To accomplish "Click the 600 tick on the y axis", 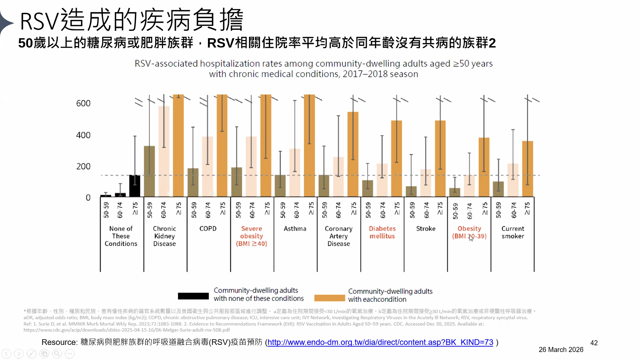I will pyautogui.click(x=83, y=103).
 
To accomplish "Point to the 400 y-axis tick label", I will pyautogui.click(x=83, y=135).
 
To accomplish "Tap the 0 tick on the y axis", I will pyautogui.click(x=88, y=198).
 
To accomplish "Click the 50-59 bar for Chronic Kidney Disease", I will pyautogui.click(x=149, y=172).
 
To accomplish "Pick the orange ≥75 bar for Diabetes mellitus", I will pyautogui.click(x=396, y=159).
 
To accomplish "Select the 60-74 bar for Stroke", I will pyautogui.click(x=426, y=183).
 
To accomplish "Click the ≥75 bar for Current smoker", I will pyautogui.click(x=527, y=169).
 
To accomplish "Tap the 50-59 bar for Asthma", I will pyautogui.click(x=280, y=186).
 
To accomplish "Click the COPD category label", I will pyautogui.click(x=208, y=228).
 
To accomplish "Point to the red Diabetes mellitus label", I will pyautogui.click(x=382, y=232).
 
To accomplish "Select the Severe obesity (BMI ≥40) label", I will pyautogui.click(x=251, y=236).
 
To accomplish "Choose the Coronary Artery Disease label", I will pyautogui.click(x=339, y=236).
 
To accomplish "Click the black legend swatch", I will pyautogui.click(x=193, y=296).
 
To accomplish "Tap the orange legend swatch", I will pyautogui.click(x=329, y=298).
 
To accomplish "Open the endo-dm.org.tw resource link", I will pyautogui.click(x=380, y=342).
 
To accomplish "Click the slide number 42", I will pyautogui.click(x=594, y=343).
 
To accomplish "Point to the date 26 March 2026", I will pyautogui.click(x=561, y=350).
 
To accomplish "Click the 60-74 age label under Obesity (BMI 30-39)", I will pyautogui.click(x=469, y=211).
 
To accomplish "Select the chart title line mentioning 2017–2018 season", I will pyautogui.click(x=313, y=74).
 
